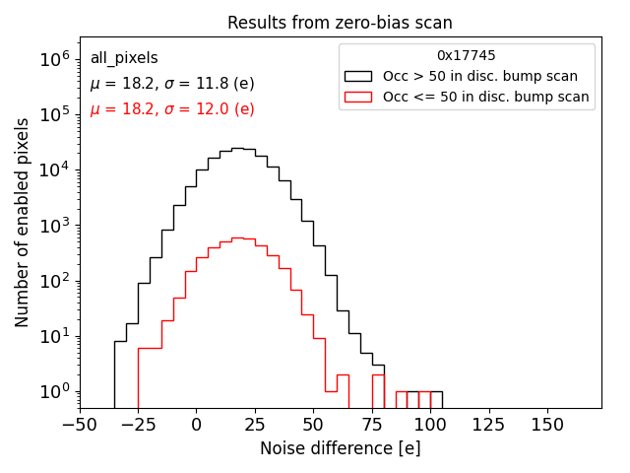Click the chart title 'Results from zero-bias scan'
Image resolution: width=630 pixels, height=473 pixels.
tap(340, 23)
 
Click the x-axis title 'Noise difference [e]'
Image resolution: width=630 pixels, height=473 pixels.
tap(340, 448)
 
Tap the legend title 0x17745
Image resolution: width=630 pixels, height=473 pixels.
tap(467, 56)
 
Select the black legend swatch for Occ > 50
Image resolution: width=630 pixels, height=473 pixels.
tap(357, 76)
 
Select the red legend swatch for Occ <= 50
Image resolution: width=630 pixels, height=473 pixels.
tap(357, 97)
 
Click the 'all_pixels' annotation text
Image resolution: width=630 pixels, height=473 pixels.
tap(124, 58)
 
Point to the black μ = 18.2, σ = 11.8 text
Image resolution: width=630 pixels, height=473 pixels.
tap(172, 84)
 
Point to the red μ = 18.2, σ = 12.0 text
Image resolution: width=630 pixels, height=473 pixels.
tap(172, 109)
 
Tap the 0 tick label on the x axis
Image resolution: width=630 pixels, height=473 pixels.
tap(196, 424)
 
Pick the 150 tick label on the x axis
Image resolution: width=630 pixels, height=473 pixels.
tap(547, 424)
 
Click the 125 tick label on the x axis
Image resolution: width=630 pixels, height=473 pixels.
tap(489, 424)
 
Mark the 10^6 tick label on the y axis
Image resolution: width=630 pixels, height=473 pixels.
tap(55, 59)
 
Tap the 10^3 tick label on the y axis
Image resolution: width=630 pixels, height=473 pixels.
tap(55, 226)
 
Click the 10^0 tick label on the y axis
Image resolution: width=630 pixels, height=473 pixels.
tap(55, 392)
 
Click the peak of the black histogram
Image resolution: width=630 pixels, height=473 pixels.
tap(237, 149)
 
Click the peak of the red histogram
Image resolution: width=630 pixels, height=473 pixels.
tap(237, 238)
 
